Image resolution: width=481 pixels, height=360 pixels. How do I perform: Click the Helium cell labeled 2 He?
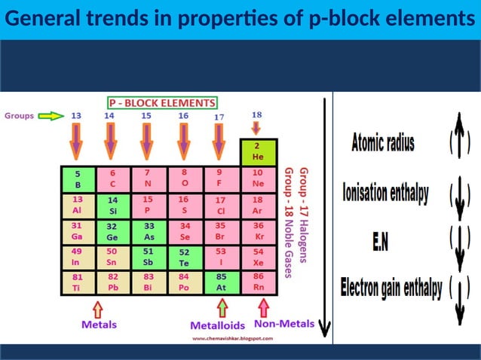(257, 152)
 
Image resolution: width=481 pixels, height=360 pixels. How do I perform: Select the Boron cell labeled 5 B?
(78, 178)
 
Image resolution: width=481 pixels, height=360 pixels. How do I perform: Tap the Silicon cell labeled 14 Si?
(113, 206)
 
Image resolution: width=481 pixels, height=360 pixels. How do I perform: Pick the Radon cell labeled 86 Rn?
(258, 282)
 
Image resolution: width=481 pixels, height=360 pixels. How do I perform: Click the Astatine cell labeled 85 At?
(221, 282)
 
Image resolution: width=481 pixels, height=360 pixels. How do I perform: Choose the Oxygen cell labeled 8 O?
(185, 178)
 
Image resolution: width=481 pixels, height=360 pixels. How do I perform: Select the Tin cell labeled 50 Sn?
(113, 257)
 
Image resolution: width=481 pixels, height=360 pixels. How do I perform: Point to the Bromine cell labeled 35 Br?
(221, 230)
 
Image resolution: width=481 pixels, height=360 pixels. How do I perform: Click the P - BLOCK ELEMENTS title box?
(162, 102)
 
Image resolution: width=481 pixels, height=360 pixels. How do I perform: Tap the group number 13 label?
(77, 116)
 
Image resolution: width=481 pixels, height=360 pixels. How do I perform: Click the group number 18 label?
(257, 114)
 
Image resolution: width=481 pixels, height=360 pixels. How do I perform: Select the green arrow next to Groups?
(51, 116)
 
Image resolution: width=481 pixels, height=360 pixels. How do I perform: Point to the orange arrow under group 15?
(148, 141)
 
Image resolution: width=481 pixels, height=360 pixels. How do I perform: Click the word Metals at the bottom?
(99, 325)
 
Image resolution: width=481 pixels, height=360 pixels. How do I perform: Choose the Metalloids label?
(217, 325)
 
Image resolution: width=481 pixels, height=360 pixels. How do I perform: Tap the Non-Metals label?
(284, 324)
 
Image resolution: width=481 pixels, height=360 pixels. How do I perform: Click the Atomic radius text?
(382, 142)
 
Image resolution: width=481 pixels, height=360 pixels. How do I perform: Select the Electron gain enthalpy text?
(391, 288)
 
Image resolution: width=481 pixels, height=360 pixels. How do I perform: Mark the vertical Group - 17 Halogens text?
(303, 215)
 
